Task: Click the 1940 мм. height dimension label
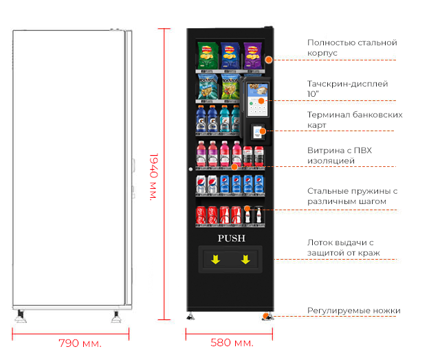(x=154, y=176)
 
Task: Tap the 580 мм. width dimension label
(x=232, y=342)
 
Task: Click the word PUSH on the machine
(x=231, y=238)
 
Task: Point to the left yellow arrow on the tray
(x=215, y=260)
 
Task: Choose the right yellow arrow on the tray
(x=245, y=260)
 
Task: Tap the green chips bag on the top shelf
(x=206, y=56)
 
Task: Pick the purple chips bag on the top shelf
(x=252, y=56)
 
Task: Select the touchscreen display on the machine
(x=256, y=97)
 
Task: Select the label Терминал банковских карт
(x=355, y=120)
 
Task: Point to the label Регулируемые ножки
(x=353, y=311)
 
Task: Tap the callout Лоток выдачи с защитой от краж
(x=353, y=248)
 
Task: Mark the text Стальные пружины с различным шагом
(x=353, y=196)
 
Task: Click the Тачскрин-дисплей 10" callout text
(x=347, y=89)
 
